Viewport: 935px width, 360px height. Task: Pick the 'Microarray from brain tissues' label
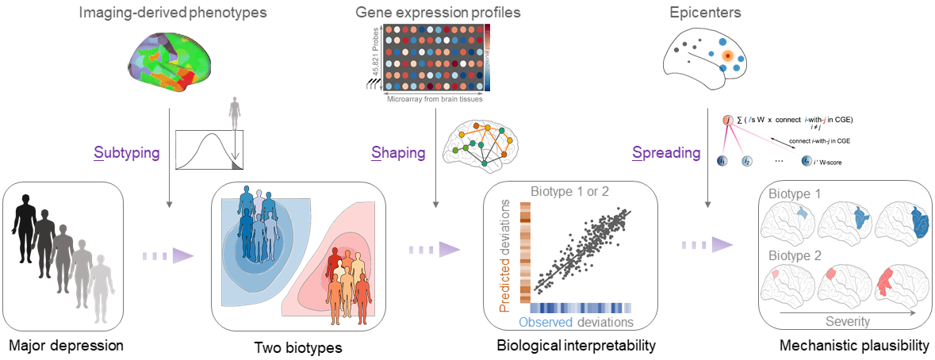tap(435, 99)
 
